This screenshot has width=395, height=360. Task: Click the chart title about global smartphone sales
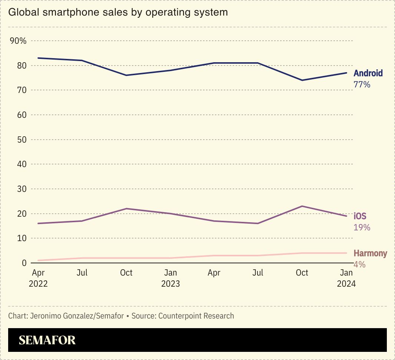pyautogui.click(x=118, y=12)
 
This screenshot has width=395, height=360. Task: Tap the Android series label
pyautogui.click(x=368, y=73)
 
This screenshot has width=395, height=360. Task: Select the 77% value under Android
pyautogui.click(x=362, y=84)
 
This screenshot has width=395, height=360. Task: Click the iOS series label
pyautogui.click(x=360, y=216)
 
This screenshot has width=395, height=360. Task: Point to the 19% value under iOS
pyautogui.click(x=362, y=227)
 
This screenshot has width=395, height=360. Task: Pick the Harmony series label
pyautogui.click(x=370, y=253)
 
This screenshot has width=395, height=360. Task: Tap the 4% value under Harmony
pyautogui.click(x=359, y=264)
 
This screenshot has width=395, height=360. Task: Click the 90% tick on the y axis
pyautogui.click(x=18, y=41)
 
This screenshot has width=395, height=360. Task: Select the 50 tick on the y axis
pyautogui.click(x=22, y=140)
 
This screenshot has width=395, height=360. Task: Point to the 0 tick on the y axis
pyautogui.click(x=24, y=263)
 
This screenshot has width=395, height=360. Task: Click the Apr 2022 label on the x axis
pyautogui.click(x=38, y=278)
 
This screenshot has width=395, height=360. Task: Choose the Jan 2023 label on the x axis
pyautogui.click(x=170, y=278)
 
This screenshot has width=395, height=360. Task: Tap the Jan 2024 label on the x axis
pyautogui.click(x=346, y=278)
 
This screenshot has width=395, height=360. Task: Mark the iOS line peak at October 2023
pyautogui.click(x=302, y=206)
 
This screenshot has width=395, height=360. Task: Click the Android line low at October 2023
pyautogui.click(x=302, y=80)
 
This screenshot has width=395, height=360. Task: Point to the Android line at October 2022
pyautogui.click(x=126, y=75)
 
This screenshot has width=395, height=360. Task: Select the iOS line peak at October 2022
pyautogui.click(x=126, y=209)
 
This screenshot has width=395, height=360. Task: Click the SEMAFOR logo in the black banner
pyautogui.click(x=47, y=340)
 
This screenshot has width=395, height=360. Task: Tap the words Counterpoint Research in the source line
pyautogui.click(x=196, y=316)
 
